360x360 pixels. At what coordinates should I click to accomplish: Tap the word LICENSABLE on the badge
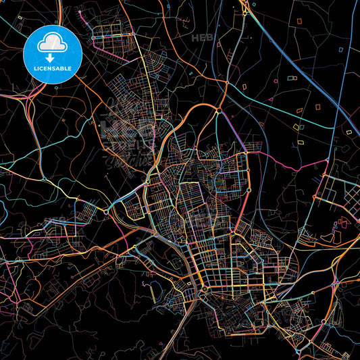[53, 69]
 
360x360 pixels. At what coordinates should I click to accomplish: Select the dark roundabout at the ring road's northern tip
[219, 111]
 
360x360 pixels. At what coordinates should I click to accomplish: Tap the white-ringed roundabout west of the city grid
[107, 212]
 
